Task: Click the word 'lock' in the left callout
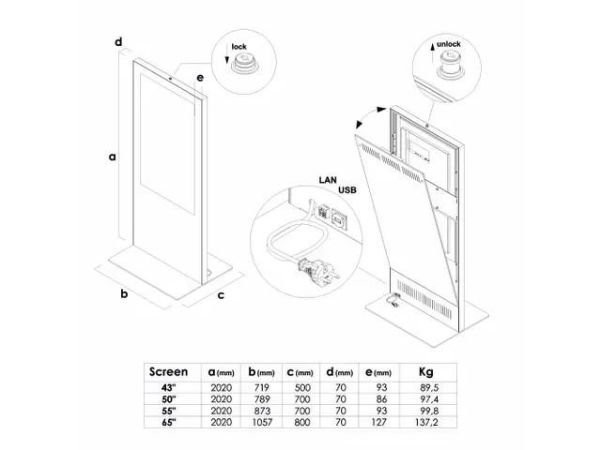239,44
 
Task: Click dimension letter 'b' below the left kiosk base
123,294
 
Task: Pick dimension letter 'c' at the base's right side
221,296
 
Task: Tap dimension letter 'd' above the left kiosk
119,42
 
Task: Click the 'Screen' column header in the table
168,372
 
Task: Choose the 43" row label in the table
168,387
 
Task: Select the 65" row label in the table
168,424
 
